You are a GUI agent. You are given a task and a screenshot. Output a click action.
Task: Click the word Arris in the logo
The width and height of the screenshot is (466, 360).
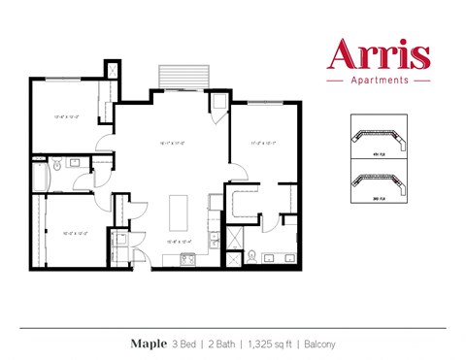[x=380, y=53]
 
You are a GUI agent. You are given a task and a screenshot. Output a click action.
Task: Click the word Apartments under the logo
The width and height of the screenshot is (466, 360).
[x=380, y=81]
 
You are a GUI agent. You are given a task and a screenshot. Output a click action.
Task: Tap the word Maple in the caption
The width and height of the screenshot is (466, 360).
[x=149, y=343]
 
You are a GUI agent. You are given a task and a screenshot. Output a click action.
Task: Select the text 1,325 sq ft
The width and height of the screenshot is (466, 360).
[x=268, y=343]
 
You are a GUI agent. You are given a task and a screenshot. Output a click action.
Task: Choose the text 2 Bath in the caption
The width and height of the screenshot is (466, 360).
[x=222, y=343]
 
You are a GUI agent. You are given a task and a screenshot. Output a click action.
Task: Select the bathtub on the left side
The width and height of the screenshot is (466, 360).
[x=39, y=176]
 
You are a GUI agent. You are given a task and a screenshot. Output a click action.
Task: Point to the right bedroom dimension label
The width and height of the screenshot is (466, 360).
[x=263, y=143]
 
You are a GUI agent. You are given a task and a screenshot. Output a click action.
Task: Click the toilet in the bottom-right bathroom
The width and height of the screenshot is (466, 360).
[x=253, y=257]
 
